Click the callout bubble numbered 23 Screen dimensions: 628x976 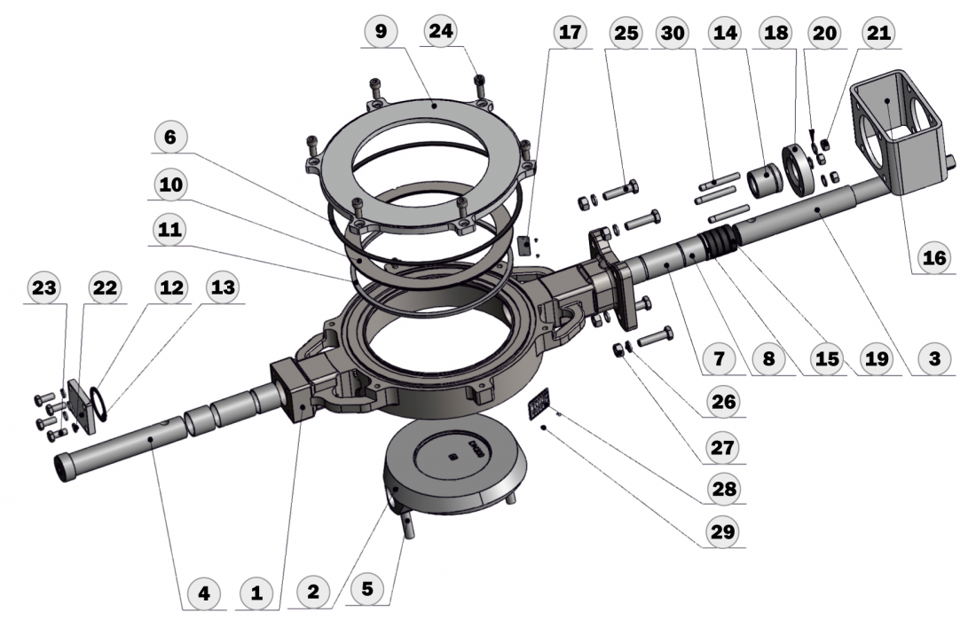[x=42, y=288]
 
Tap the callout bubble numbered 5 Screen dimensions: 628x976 [x=366, y=589]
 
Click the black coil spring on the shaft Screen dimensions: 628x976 [x=718, y=244]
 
